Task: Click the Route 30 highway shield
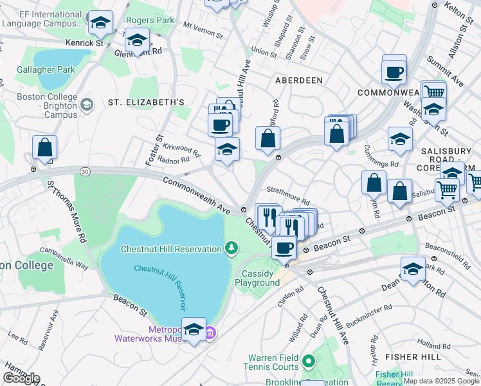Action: tap(84, 171)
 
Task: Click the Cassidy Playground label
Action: tap(260, 278)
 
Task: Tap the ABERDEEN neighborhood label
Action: tap(298, 80)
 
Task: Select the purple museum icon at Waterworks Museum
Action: tap(210, 333)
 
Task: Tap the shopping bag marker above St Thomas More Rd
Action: tap(44, 147)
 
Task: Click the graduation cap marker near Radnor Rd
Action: tap(226, 150)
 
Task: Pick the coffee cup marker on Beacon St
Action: tap(284, 247)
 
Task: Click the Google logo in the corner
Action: tap(21, 378)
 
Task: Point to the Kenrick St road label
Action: tap(84, 43)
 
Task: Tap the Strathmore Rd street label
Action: tap(288, 191)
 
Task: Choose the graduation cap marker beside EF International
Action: tap(100, 24)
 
